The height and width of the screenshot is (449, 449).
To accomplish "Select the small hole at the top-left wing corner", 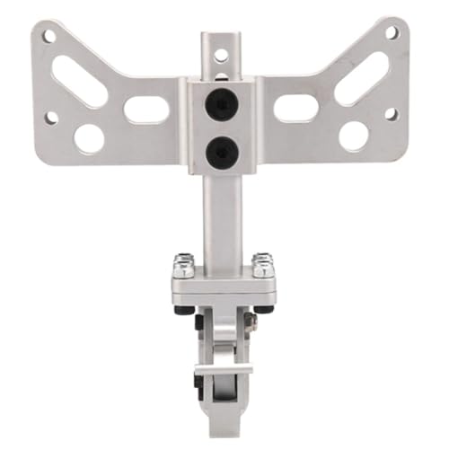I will click(49, 37).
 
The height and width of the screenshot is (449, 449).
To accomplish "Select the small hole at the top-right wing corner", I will click(392, 32).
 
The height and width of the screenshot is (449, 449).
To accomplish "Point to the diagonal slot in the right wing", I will click(361, 77).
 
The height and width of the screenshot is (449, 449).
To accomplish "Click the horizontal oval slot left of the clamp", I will click(146, 110).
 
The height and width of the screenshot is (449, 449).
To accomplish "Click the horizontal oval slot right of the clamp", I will click(295, 108).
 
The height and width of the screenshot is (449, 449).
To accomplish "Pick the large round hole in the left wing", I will click(89, 137).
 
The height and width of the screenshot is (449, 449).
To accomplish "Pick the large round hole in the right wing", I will click(354, 136).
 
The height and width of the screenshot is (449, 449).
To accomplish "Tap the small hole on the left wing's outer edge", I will click(51, 118).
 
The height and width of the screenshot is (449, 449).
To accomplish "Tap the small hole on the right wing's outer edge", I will click(391, 114).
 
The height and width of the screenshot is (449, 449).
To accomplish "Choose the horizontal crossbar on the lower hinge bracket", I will click(224, 368).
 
